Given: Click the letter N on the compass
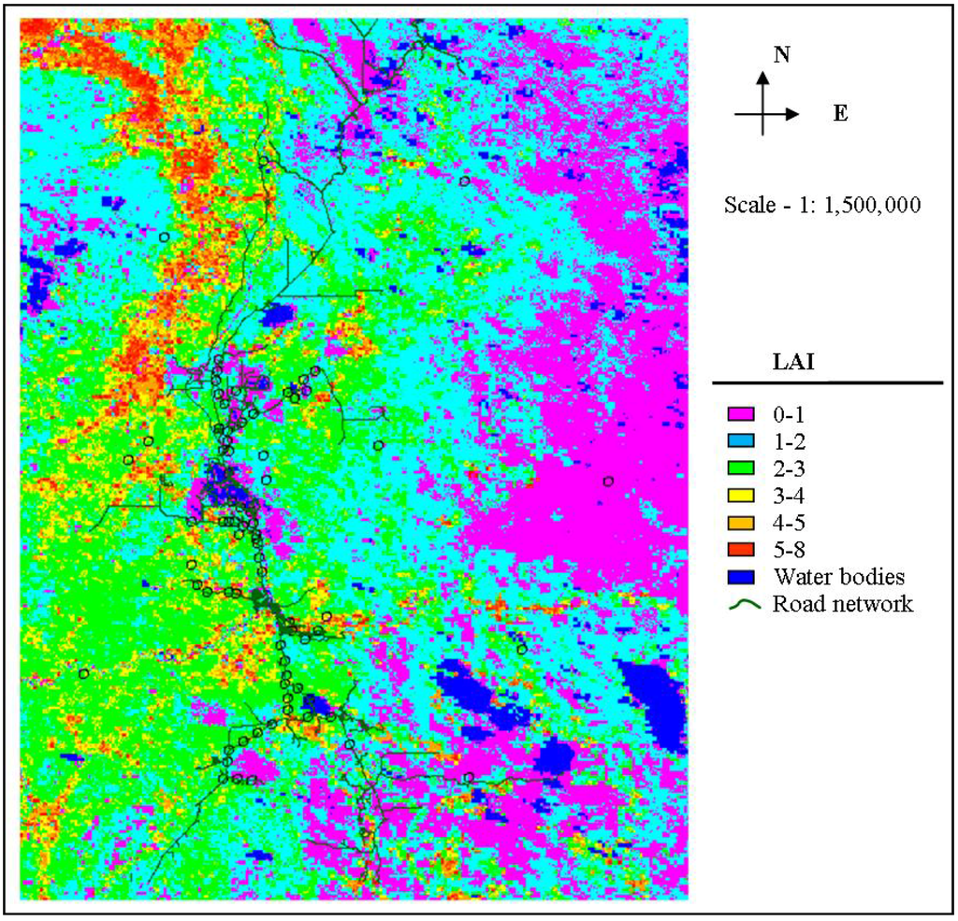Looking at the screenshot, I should tap(782, 55).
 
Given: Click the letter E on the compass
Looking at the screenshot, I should tap(840, 114).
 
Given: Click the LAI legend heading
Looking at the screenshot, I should tap(791, 363).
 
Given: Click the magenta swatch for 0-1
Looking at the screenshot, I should tap(741, 412).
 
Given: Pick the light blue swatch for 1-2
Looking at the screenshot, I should tap(741, 439).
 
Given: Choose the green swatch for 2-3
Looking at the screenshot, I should tap(741, 467).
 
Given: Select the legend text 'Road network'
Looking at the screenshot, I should tap(842, 603).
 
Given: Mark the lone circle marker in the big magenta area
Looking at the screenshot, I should tap(608, 481).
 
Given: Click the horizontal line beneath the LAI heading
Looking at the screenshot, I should tap(827, 383).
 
